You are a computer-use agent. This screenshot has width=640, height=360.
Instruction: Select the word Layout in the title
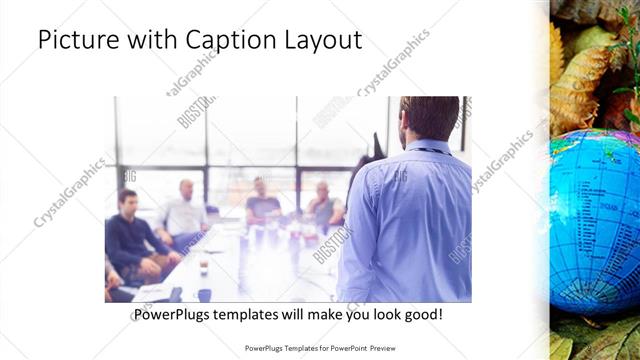point(319,40)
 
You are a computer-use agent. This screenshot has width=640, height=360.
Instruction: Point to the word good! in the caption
point(422,315)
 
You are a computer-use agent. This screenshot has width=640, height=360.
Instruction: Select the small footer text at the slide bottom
point(321,348)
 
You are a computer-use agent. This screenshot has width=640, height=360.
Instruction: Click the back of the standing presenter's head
point(419,116)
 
